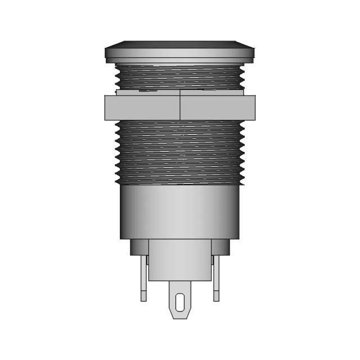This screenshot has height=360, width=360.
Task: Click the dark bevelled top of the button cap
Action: (x=180, y=43)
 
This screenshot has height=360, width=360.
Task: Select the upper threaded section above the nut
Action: (x=180, y=78)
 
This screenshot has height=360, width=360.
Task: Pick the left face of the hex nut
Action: (x=142, y=107)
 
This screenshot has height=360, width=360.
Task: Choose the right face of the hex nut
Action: (x=218, y=107)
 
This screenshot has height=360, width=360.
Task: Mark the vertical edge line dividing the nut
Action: (x=180, y=107)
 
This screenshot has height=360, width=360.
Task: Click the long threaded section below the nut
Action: (x=180, y=152)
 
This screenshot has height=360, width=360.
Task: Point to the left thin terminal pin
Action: (x=144, y=278)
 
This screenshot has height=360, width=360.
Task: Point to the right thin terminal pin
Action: (x=216, y=278)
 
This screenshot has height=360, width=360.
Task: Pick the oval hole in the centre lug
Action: (x=180, y=302)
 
